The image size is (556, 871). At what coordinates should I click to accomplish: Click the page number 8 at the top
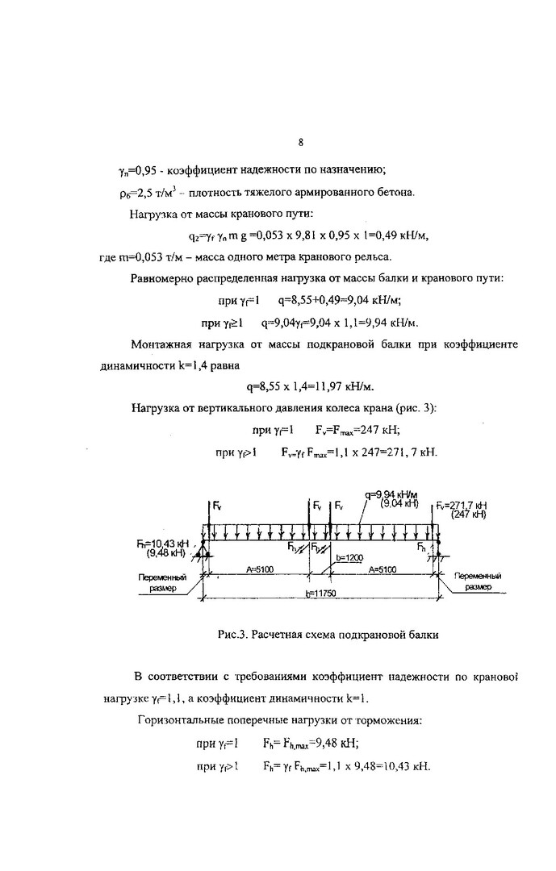[x=300, y=143]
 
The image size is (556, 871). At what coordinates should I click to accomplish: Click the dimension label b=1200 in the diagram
[x=351, y=557]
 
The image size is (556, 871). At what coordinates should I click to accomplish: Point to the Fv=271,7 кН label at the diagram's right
[x=461, y=505]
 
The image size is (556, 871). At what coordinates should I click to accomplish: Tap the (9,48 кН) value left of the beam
[x=166, y=554]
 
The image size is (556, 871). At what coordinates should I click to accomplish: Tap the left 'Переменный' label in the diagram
[x=165, y=577]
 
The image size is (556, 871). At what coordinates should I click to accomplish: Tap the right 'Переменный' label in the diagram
[x=479, y=577]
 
